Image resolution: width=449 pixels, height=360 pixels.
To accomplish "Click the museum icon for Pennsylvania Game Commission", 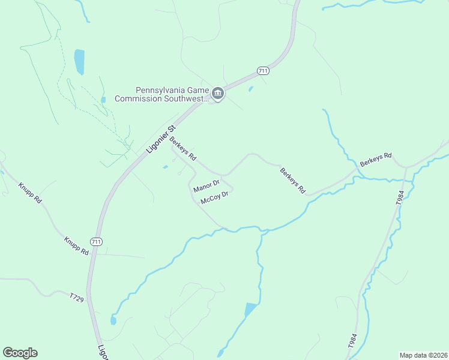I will [217, 93].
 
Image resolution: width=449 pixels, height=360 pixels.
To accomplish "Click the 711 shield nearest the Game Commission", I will [262, 71].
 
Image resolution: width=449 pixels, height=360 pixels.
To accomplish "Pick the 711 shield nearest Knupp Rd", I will [96, 241].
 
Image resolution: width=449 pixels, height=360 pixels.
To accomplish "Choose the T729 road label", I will [76, 298].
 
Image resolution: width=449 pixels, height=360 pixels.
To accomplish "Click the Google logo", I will [20, 353].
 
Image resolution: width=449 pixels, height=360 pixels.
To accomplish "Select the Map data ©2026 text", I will [423, 355].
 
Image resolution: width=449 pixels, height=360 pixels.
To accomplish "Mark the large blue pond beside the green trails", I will [79, 62].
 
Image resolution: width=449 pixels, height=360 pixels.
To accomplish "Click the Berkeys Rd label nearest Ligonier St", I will [183, 149].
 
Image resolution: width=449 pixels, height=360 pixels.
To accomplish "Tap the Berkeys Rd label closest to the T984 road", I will [376, 160].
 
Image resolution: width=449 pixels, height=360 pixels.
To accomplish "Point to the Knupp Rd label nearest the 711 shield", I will [77, 246].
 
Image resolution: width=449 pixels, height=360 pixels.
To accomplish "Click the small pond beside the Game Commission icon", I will [250, 89].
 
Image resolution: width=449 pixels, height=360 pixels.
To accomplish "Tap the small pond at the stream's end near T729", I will [113, 320].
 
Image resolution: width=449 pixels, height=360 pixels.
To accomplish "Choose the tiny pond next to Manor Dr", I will [165, 167].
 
